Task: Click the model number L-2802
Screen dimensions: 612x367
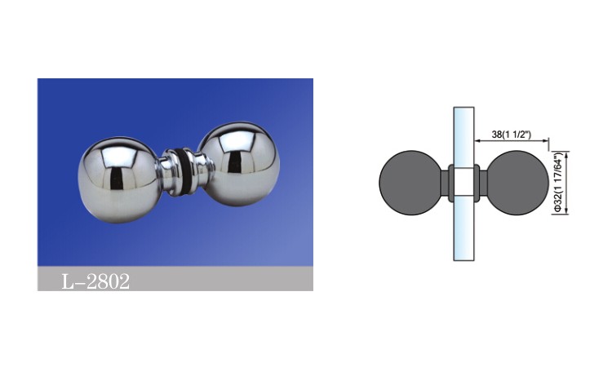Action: (x=95, y=281)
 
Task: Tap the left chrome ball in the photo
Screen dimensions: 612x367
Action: (x=119, y=180)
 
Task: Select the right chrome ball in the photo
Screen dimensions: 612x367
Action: (x=239, y=164)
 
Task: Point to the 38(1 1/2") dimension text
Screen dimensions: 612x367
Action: (x=512, y=135)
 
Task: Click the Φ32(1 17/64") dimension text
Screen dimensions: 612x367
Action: (x=558, y=183)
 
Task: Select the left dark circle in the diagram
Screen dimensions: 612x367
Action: (x=410, y=183)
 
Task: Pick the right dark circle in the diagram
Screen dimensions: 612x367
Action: (x=517, y=183)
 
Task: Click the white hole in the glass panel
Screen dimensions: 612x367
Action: (x=463, y=183)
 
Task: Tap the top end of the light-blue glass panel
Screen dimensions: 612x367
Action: (x=463, y=108)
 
